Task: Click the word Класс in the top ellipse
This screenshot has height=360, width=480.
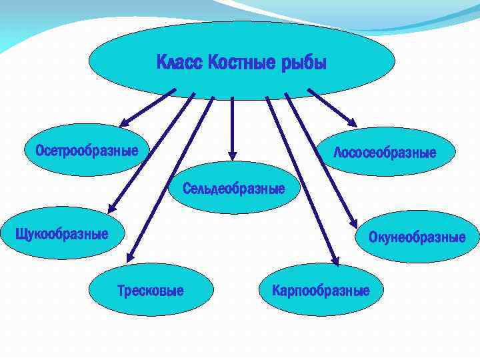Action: point(180,63)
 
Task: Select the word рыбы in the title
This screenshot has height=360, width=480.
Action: point(303,63)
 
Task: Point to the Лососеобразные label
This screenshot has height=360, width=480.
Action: point(385,153)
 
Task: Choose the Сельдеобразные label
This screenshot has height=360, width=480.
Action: point(234,189)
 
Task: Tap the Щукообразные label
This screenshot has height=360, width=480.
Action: point(61,234)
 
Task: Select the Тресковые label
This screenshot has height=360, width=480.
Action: point(151,291)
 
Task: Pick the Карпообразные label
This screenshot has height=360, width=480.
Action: point(321,291)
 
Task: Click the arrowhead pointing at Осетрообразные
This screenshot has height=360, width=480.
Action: point(125,122)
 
